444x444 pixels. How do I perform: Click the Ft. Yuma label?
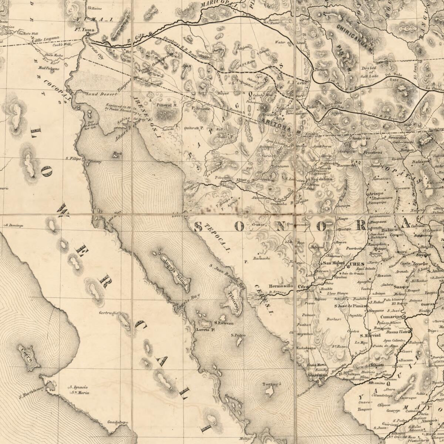point(85,30)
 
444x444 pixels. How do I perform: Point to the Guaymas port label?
point(317,375)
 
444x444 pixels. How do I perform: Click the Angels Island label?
point(175,269)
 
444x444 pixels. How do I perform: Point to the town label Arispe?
point(376,194)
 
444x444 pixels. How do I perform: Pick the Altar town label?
point(241,180)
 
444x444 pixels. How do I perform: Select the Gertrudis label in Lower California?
point(108,313)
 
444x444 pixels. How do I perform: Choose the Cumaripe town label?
point(391,317)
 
